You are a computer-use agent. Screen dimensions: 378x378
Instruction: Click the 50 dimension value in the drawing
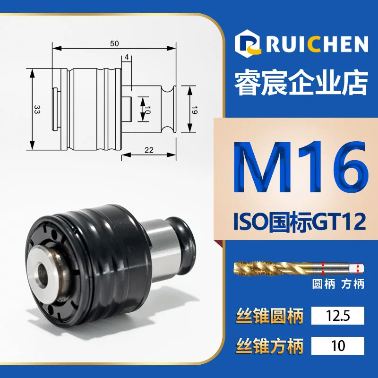[x=114, y=43]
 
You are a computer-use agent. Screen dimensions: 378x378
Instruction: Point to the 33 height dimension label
[x=37, y=110]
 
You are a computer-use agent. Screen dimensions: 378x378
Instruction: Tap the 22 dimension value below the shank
[x=149, y=150]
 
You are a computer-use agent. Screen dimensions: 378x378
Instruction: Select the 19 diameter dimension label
[x=194, y=110]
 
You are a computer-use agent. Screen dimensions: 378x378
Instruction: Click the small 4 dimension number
[x=127, y=57]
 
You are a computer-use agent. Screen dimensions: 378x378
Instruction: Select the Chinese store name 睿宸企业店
[x=301, y=83]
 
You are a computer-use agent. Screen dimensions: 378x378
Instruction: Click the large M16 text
[x=301, y=168]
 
